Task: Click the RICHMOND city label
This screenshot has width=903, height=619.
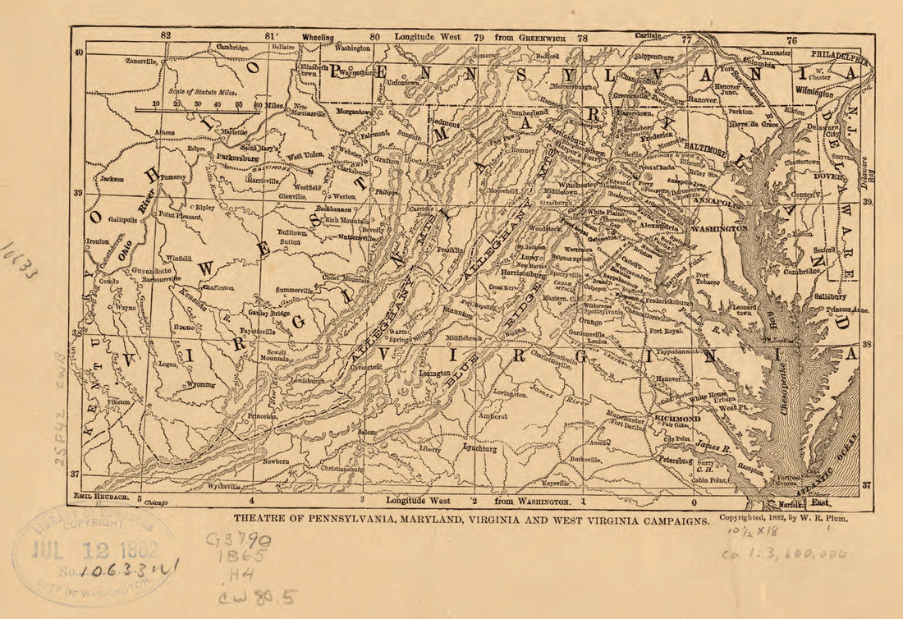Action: [x=677, y=418]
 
